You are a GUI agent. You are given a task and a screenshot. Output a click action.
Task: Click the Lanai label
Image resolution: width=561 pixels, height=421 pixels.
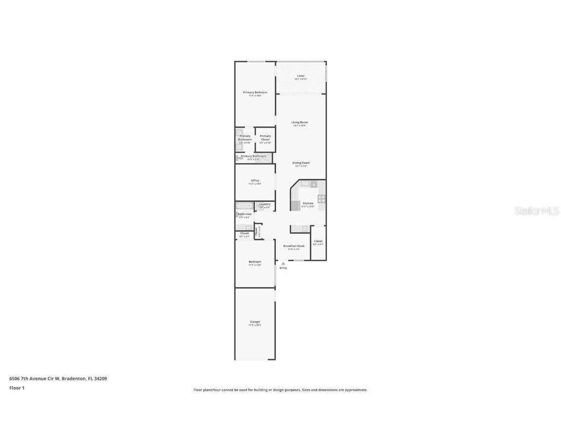(x=300, y=76)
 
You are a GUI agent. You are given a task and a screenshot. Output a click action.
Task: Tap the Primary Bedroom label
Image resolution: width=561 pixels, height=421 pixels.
(x=255, y=93)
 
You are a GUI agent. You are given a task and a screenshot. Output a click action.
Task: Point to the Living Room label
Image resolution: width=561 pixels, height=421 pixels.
(x=299, y=123)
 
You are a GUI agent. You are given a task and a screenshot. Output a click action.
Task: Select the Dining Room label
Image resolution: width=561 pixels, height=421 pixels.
(x=300, y=163)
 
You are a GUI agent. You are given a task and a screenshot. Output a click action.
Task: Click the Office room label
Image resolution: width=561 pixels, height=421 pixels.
(x=255, y=181)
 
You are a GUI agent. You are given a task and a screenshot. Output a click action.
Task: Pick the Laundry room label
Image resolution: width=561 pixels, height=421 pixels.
(x=264, y=205)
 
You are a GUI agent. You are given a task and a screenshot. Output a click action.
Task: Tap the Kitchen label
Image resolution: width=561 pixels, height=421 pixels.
(x=308, y=203)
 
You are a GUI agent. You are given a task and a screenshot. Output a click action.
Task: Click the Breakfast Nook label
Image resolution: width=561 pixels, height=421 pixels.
(x=294, y=247)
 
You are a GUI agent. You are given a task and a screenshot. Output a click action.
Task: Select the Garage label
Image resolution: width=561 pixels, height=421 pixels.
(x=255, y=322)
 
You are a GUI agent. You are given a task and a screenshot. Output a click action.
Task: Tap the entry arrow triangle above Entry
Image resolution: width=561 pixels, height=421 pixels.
(x=283, y=264)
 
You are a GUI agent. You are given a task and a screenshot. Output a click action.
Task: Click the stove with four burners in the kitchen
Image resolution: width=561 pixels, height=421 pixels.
(x=321, y=199)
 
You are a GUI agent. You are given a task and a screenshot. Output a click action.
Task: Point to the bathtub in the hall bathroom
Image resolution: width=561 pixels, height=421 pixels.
(x=244, y=206)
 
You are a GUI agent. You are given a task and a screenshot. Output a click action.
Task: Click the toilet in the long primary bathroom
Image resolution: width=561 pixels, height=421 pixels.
(x=239, y=158)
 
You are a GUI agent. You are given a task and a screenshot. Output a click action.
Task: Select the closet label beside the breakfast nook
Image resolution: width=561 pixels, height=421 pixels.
(x=318, y=242)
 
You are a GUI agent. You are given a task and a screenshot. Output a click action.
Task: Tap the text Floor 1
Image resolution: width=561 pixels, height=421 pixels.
(x=17, y=388)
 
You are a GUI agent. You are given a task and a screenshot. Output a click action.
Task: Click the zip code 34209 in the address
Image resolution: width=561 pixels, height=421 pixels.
(x=100, y=379)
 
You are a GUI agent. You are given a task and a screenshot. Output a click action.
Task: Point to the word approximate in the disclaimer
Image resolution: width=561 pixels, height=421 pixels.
(x=356, y=390)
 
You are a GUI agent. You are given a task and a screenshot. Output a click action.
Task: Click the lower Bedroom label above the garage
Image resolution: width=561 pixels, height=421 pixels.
(x=255, y=262)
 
